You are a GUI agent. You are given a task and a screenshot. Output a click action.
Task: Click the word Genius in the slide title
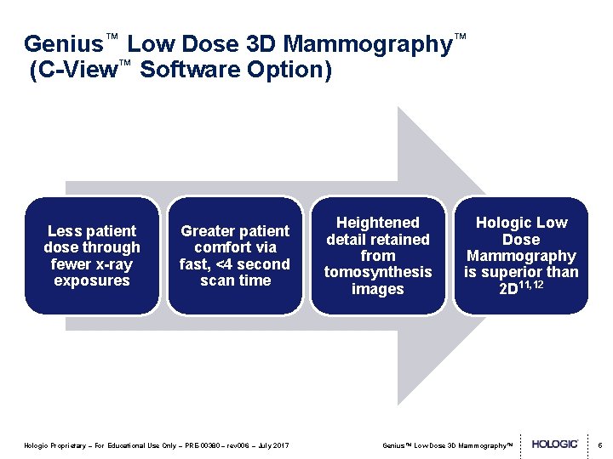pyautogui.click(x=63, y=44)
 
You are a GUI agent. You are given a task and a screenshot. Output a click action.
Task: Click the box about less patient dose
pyautogui.click(x=92, y=255)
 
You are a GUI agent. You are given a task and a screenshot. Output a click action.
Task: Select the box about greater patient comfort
pyautogui.click(x=235, y=255)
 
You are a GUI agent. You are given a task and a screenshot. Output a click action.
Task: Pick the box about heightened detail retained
pyautogui.click(x=378, y=255)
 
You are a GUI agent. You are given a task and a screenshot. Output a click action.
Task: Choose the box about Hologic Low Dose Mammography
pyautogui.click(x=520, y=255)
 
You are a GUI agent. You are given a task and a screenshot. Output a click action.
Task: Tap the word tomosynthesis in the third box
pyautogui.click(x=378, y=272)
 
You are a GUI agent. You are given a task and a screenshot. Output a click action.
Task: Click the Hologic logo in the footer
pyautogui.click(x=555, y=445)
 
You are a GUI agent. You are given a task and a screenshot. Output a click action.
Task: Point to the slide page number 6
pyautogui.click(x=599, y=445)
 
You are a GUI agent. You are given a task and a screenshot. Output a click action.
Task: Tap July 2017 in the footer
pyautogui.click(x=273, y=445)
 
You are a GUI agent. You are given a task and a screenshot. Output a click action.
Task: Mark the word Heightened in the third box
pyautogui.click(x=378, y=223)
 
